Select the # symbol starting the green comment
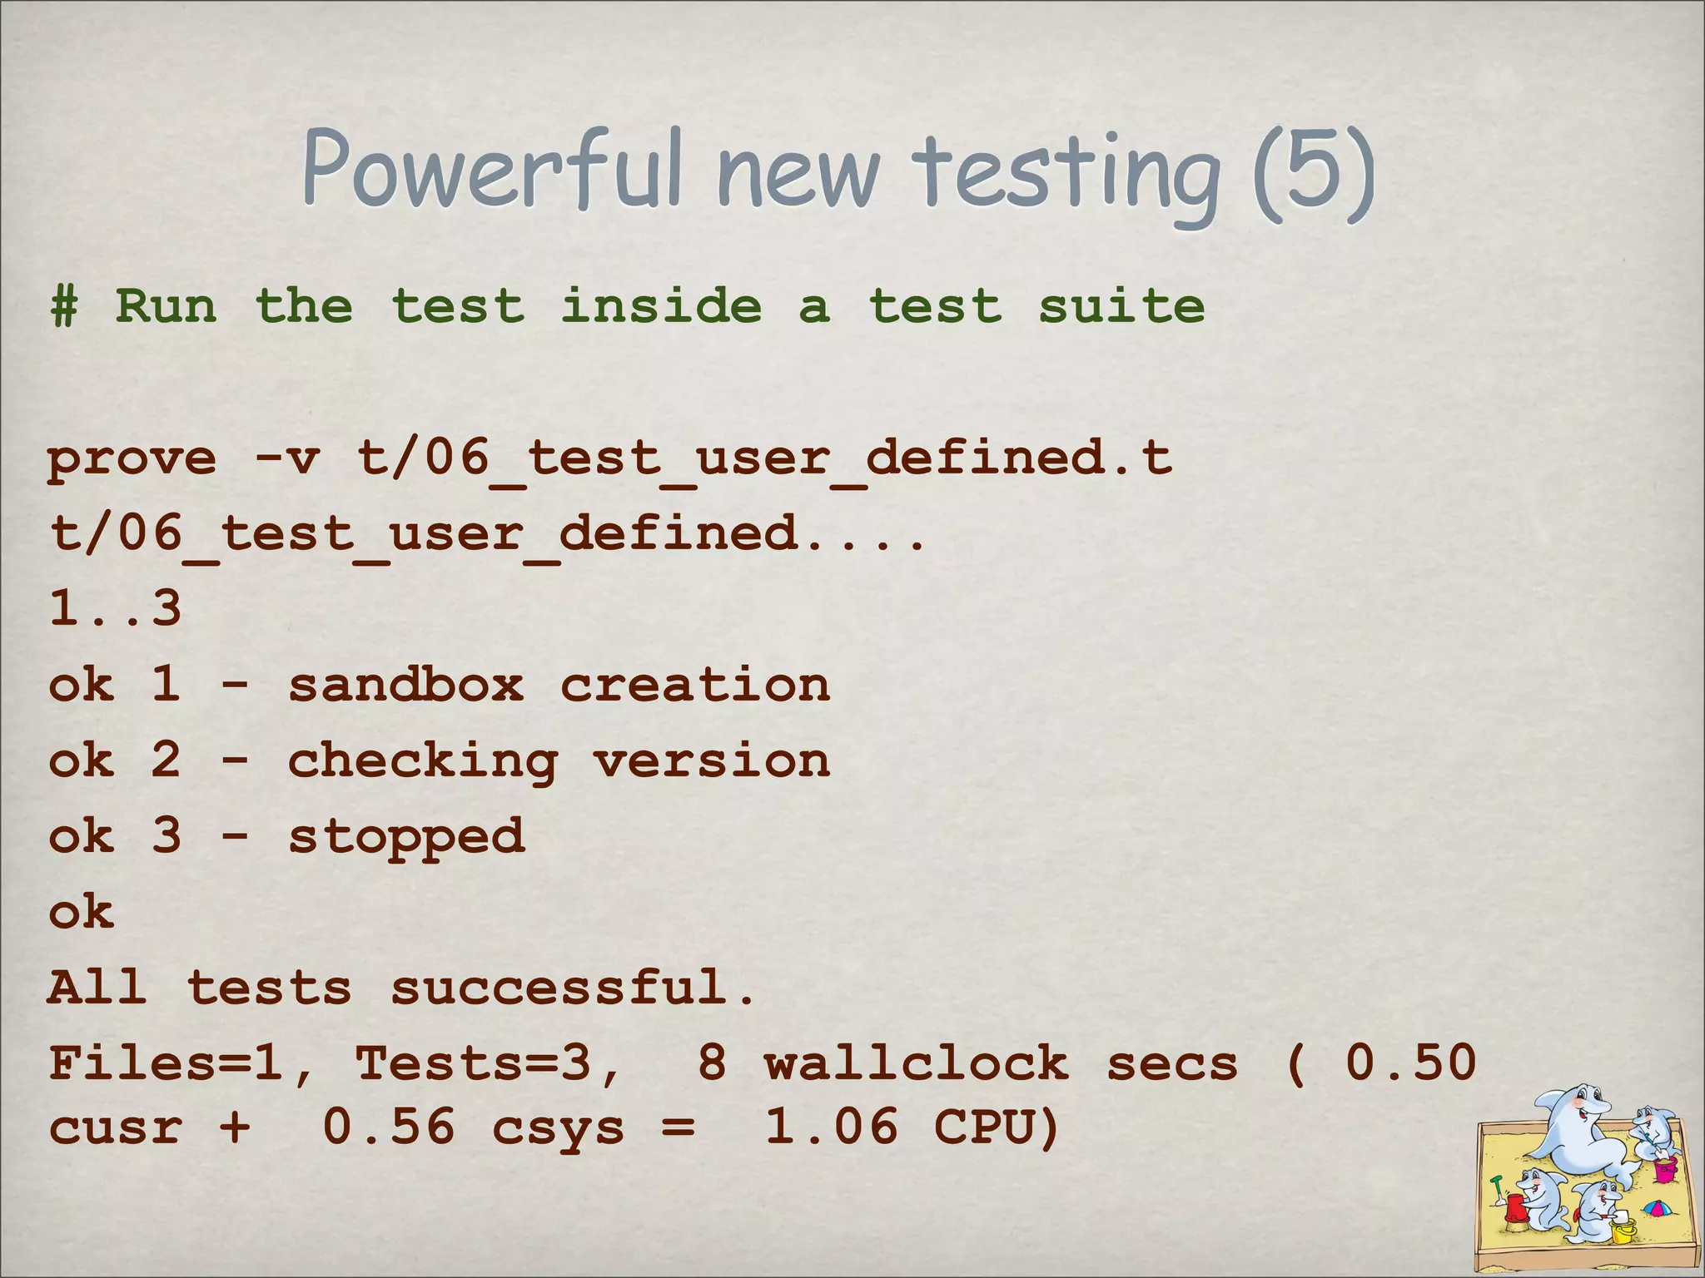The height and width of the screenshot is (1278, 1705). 63,306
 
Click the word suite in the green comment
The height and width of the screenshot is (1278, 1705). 1121,305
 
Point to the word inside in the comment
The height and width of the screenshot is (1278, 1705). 660,305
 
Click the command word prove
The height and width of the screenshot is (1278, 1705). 132,459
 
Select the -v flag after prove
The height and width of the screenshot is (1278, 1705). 287,459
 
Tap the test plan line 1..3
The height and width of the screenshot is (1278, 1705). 115,608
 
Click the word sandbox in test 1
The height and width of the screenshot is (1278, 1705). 405,685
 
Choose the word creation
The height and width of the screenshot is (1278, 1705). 694,685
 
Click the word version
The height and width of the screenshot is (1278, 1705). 711,760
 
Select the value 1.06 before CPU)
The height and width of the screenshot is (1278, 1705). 831,1127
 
